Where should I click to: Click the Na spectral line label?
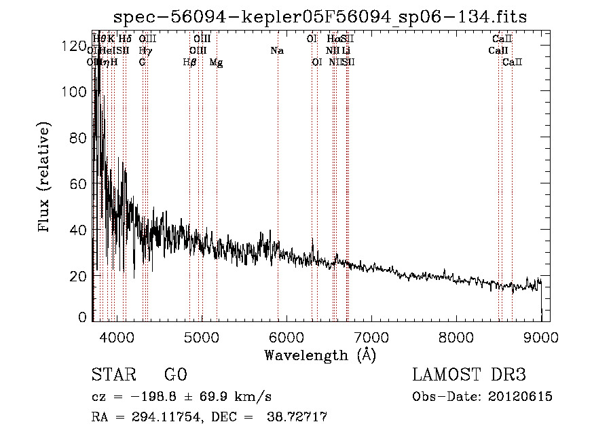(277, 50)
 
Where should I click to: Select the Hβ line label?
(189, 62)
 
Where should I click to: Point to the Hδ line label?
(125, 39)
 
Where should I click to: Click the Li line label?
(346, 50)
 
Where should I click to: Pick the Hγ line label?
(144, 50)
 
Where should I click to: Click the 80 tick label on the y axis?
(79, 138)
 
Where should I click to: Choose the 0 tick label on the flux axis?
(83, 317)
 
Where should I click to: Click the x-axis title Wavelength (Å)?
(320, 355)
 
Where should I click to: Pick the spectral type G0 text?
(175, 375)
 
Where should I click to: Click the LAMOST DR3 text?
(468, 375)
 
